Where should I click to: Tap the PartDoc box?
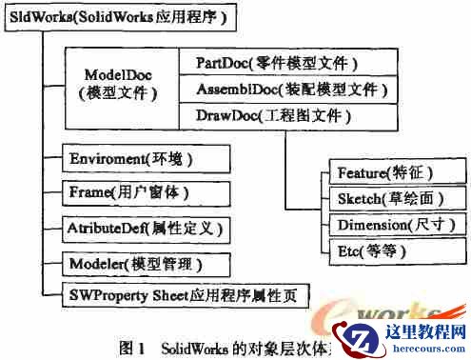[x=277, y=63]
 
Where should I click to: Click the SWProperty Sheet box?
[x=185, y=294]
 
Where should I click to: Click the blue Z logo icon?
[x=364, y=337]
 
